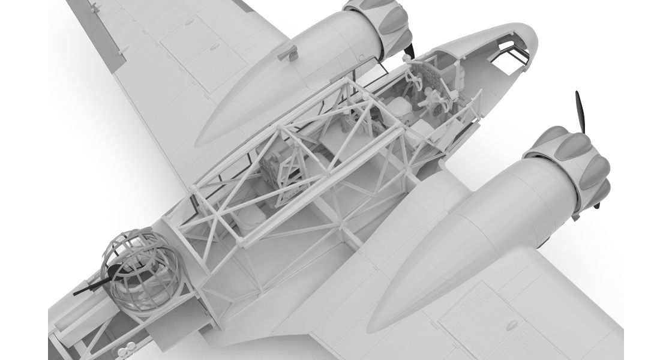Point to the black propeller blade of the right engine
(x=581, y=114)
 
